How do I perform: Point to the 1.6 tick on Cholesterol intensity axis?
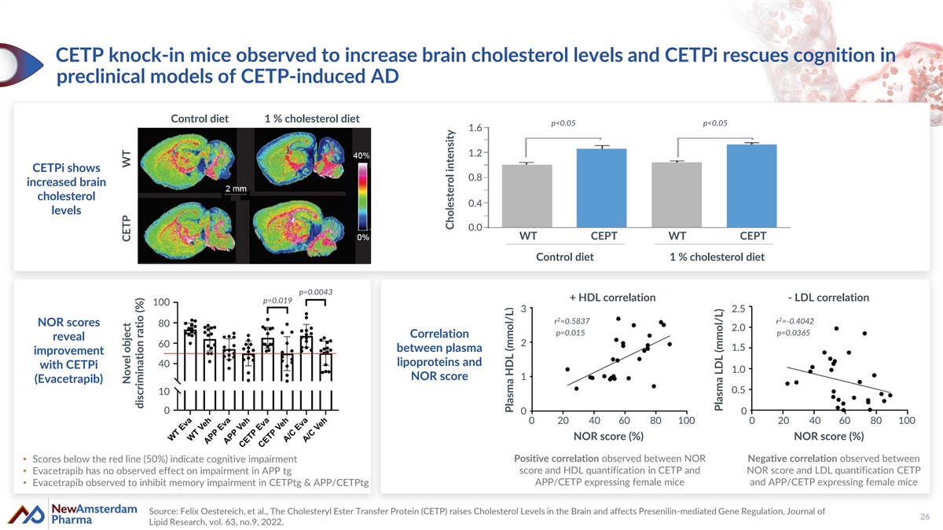(475, 128)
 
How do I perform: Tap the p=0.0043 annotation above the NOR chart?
(316, 293)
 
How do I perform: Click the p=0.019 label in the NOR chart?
(277, 301)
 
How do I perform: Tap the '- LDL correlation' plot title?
(827, 298)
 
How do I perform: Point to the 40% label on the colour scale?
(362, 155)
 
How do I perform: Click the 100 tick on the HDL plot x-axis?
(686, 422)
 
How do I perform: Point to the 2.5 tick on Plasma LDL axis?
(739, 308)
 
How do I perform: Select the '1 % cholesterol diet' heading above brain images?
(312, 119)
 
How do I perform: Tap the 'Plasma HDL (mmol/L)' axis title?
(509, 357)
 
